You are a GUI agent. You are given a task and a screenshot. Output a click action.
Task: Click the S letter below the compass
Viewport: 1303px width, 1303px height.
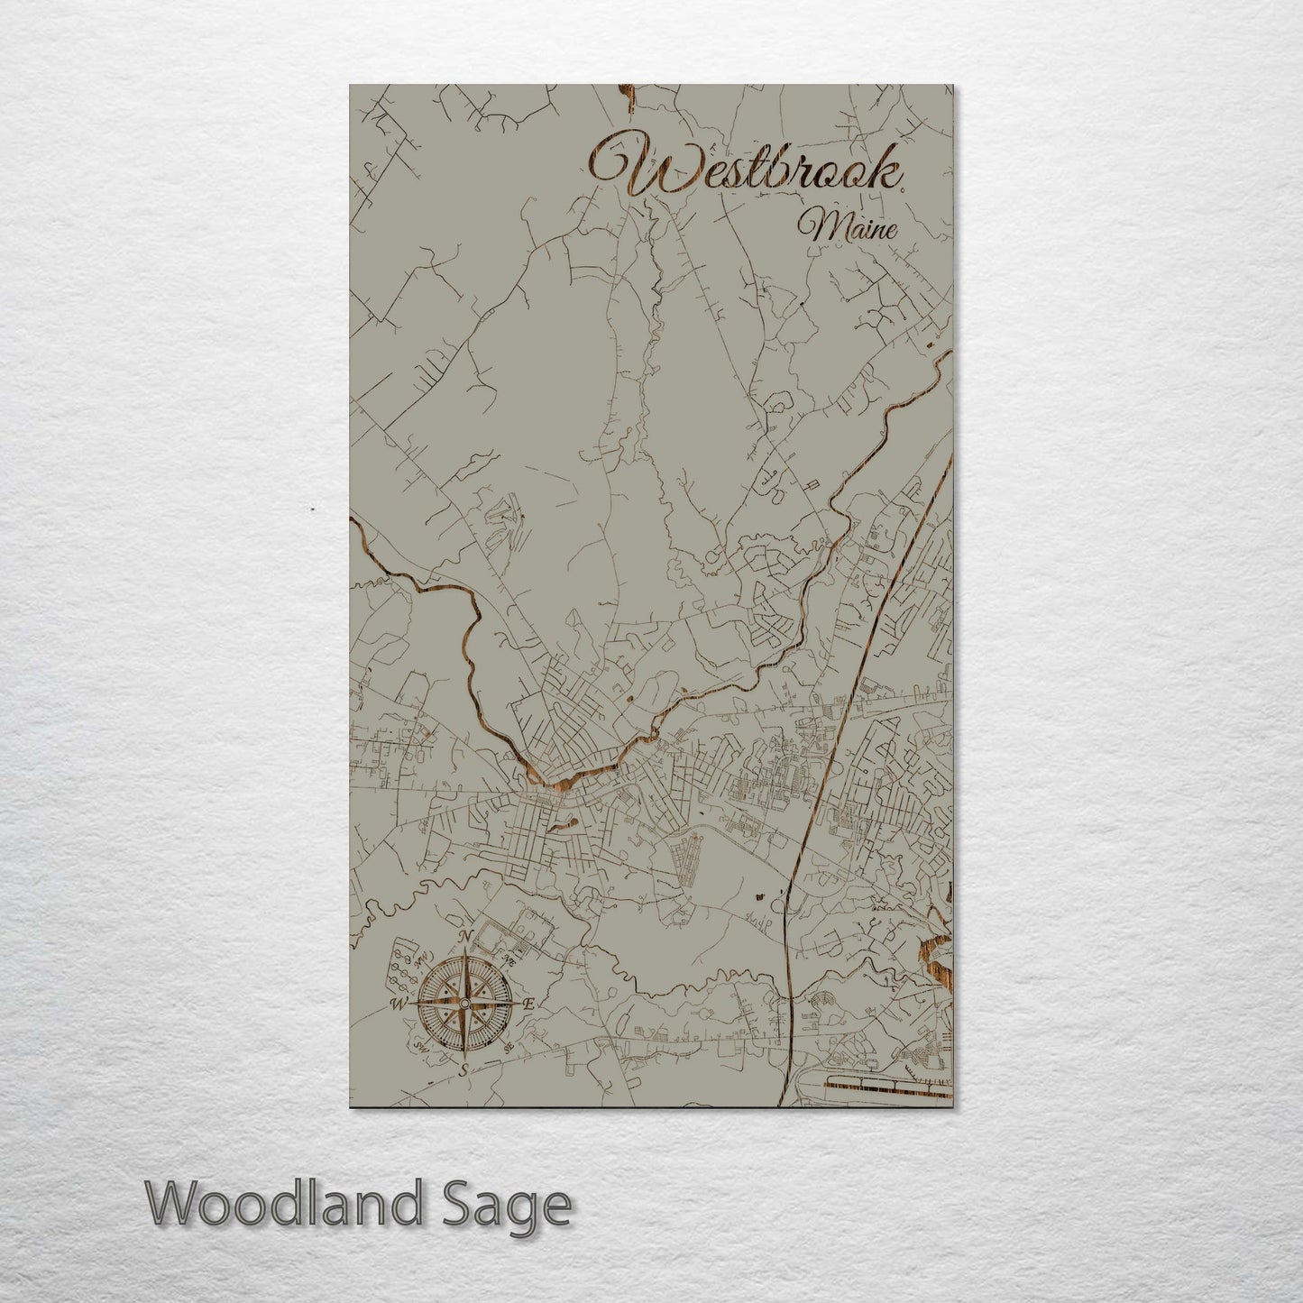[x=463, y=1070]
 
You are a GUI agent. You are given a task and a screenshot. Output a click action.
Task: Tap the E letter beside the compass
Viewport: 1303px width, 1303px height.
[x=529, y=1004]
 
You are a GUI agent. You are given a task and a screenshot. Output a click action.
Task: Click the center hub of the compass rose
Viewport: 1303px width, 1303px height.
[x=464, y=1004]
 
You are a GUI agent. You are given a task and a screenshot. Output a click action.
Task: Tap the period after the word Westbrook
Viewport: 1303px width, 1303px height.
[x=903, y=187]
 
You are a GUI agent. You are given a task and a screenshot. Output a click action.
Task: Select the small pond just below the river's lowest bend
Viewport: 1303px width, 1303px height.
[x=568, y=822]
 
